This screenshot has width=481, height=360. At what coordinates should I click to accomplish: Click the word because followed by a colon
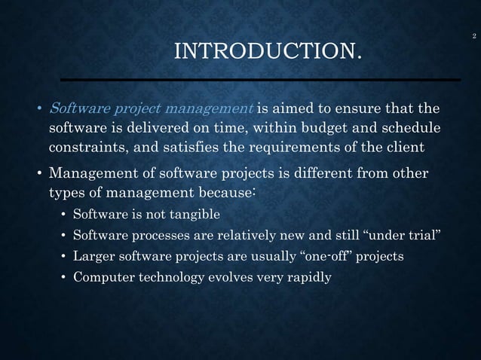click(223, 194)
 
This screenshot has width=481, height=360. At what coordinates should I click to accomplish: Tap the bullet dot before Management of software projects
click(41, 175)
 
